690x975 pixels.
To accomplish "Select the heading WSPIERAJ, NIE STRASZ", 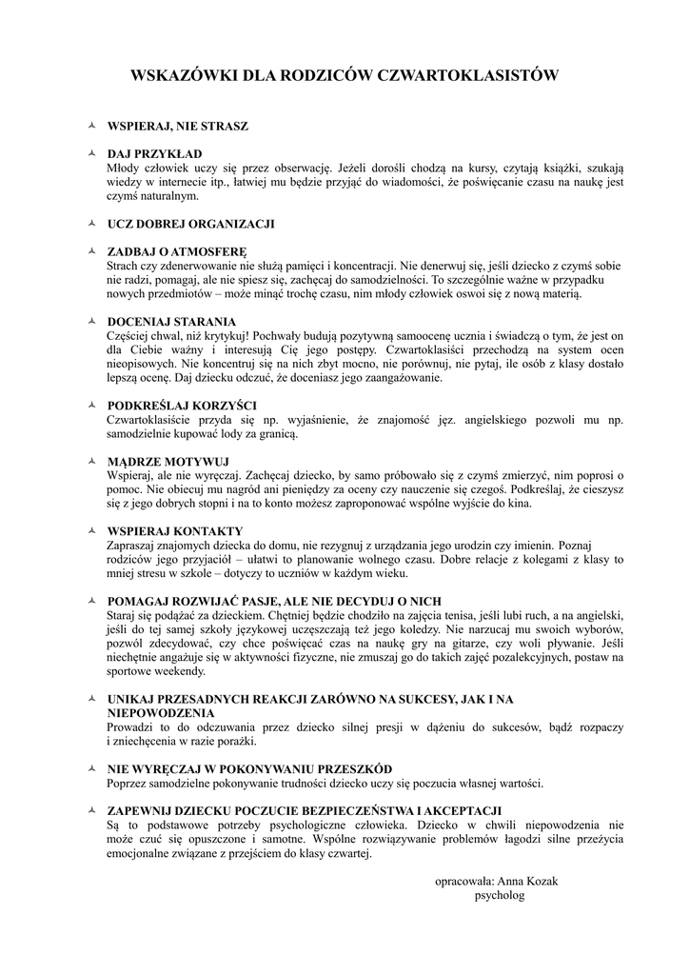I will click(x=178, y=126).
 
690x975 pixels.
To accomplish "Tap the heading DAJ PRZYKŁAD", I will click(x=154, y=153).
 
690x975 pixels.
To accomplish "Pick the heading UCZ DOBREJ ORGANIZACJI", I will click(x=190, y=224).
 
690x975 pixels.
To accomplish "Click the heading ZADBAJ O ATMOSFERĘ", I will click(x=171, y=251).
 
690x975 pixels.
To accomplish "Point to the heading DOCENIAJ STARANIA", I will click(x=171, y=322).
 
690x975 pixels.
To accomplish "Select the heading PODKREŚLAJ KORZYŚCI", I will click(x=182, y=406).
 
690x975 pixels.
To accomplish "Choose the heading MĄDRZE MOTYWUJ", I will click(x=162, y=461).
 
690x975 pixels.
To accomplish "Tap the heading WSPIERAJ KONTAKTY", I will click(x=175, y=530).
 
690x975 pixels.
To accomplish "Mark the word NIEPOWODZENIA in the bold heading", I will click(x=161, y=713).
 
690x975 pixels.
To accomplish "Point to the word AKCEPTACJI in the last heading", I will click(x=465, y=810).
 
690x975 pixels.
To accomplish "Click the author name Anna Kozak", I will click(x=527, y=881).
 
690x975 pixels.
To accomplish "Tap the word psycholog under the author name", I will click(x=499, y=896).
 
